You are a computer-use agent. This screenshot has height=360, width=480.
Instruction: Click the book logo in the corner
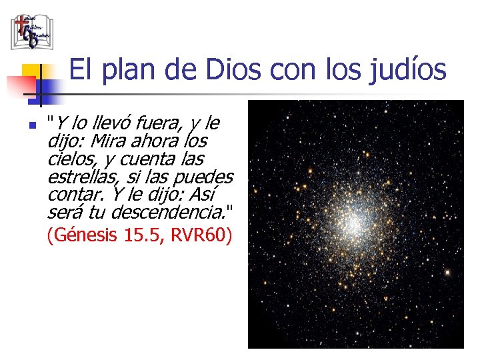coord(31,31)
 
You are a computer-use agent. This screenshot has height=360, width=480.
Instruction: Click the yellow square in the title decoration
coord(31,72)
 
